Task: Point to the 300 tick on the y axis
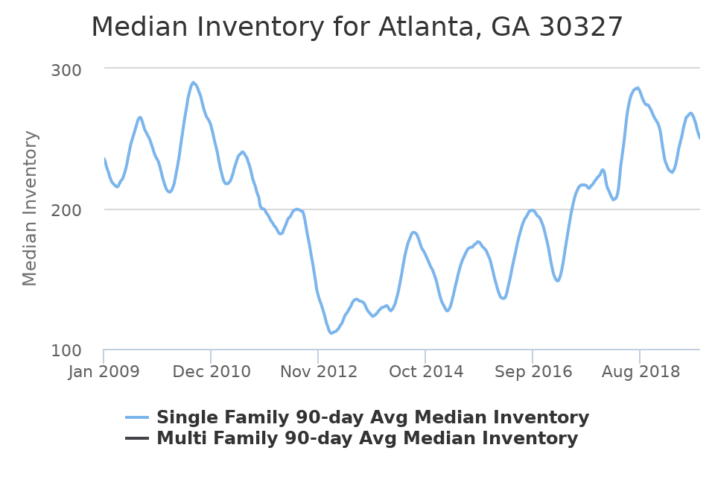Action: coord(66,69)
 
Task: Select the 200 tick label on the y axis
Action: coord(66,210)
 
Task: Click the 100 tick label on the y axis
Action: coord(66,350)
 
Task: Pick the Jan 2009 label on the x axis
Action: coord(104,370)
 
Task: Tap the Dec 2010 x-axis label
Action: coord(211,370)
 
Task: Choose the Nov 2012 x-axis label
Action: coord(318,370)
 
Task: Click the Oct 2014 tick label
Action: coord(425,370)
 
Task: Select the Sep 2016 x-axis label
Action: coord(533,370)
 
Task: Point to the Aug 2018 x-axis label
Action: coord(640,370)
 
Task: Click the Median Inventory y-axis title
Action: coord(31,208)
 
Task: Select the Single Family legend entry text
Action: coord(372,417)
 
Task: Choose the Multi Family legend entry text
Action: coord(367,438)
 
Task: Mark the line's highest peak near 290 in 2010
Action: coord(193,82)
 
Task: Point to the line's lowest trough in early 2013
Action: coord(331,332)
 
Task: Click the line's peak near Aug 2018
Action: coord(637,88)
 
